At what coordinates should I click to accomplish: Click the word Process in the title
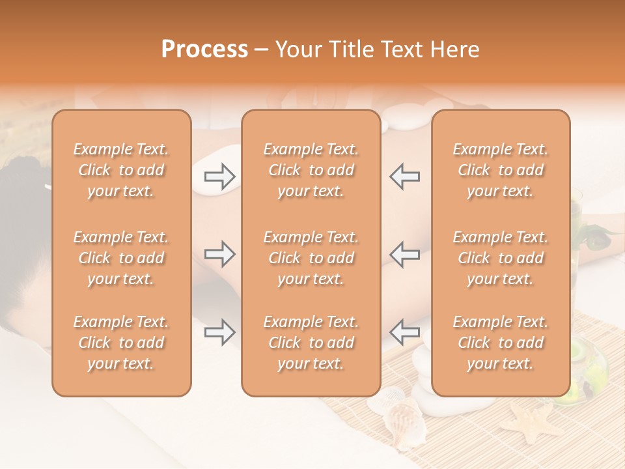(204, 50)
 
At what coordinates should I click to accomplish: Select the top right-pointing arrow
(220, 176)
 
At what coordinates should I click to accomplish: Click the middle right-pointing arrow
(220, 254)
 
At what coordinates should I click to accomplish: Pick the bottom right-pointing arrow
(220, 332)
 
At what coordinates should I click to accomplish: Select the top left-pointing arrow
(405, 176)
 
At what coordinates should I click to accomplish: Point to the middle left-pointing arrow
(405, 254)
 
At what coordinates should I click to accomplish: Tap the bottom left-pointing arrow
(405, 332)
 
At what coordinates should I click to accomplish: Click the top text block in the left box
(121, 170)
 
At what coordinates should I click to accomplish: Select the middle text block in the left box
(121, 258)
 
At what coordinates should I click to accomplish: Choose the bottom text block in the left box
(121, 343)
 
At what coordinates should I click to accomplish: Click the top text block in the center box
(311, 170)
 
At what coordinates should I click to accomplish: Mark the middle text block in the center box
(311, 258)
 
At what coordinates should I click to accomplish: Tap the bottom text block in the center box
(311, 343)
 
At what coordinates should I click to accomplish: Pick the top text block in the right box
(501, 170)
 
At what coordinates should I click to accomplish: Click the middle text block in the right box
(501, 258)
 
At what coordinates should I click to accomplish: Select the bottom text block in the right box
(501, 343)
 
